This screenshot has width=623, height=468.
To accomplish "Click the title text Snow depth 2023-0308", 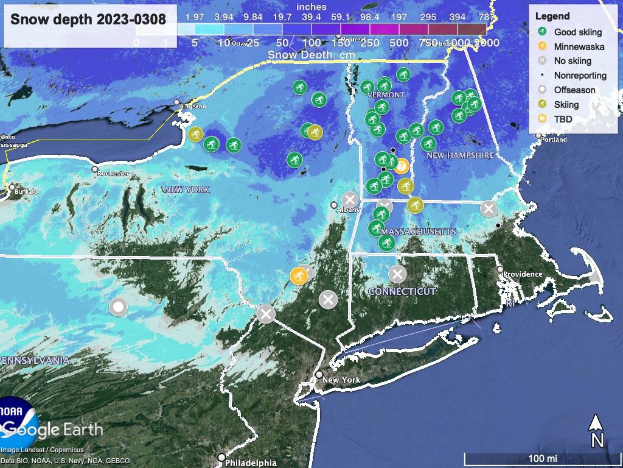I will (x=88, y=19).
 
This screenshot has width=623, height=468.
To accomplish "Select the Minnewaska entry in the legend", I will (x=577, y=46).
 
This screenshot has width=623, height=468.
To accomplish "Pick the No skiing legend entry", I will (x=573, y=61).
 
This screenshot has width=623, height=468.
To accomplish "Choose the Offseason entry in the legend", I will (x=574, y=90).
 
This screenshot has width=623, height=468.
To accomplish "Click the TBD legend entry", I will (x=563, y=119).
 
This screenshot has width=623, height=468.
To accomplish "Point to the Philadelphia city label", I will (x=251, y=463).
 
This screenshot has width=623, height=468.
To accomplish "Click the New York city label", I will (x=341, y=380).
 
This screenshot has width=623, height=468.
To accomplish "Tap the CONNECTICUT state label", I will (x=402, y=291).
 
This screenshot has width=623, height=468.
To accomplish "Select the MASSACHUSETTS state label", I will (x=418, y=232).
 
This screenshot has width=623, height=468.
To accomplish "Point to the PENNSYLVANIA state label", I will (x=35, y=360).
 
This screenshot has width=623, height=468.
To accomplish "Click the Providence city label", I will (x=523, y=274).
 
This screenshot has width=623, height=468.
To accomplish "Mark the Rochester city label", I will (x=114, y=174).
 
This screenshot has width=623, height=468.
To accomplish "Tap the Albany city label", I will (x=348, y=210).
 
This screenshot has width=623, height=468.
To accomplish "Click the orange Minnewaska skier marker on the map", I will (x=298, y=276).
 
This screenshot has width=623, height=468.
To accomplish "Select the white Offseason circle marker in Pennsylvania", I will (x=118, y=307).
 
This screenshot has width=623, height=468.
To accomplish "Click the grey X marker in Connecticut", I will (x=397, y=274).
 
